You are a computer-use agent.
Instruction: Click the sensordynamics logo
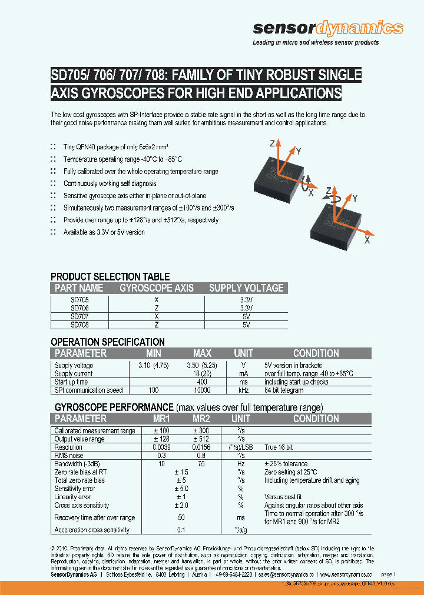(x=327, y=29)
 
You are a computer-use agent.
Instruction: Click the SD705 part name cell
(x=79, y=299)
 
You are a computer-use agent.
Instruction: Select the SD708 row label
(x=79, y=324)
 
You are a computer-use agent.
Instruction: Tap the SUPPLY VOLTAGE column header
(x=246, y=288)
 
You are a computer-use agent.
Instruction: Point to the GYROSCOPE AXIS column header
(x=156, y=288)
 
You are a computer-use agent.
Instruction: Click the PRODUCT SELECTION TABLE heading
(x=110, y=276)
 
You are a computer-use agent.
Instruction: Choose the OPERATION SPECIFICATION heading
(x=108, y=342)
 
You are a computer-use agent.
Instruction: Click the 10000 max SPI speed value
(x=202, y=390)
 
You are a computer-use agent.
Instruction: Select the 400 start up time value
(x=202, y=382)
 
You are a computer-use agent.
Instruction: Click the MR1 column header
(x=161, y=419)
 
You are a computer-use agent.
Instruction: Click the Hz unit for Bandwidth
(x=240, y=464)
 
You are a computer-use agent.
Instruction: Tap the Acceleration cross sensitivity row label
(x=92, y=530)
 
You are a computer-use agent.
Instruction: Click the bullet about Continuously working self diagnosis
(x=106, y=183)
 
